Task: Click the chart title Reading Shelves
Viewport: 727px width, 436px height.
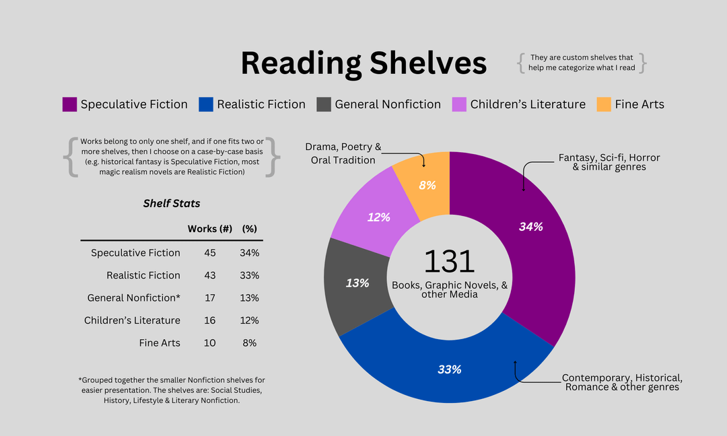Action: coord(363,63)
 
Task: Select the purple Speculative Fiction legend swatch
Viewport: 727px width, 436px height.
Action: coord(69,104)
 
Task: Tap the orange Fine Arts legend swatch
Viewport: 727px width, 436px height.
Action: coord(604,104)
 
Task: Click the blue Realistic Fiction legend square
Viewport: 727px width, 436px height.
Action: coord(206,104)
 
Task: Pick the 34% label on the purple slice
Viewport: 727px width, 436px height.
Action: coord(530,227)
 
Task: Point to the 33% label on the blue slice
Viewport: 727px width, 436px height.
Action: coord(449,369)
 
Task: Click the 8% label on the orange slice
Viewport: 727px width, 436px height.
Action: coord(427,185)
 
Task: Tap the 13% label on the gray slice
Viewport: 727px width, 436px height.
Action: coord(357,283)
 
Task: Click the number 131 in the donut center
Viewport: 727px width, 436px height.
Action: coord(449,261)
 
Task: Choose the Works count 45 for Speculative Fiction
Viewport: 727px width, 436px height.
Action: coord(210,253)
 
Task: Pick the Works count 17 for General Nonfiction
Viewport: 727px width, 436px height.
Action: coord(210,298)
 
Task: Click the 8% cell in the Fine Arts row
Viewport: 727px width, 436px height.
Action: coord(250,343)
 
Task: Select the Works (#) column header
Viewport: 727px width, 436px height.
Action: coord(210,229)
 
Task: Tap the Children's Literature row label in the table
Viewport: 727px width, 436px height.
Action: coord(132,320)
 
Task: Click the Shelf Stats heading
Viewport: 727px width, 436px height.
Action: coord(172,203)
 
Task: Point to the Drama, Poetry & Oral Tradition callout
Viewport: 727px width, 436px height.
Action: coord(343,153)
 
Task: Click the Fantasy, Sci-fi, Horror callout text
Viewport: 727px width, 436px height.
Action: coord(609,162)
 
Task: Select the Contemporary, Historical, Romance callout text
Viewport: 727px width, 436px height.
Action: coord(622,382)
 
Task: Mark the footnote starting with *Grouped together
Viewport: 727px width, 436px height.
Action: coord(172,390)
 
